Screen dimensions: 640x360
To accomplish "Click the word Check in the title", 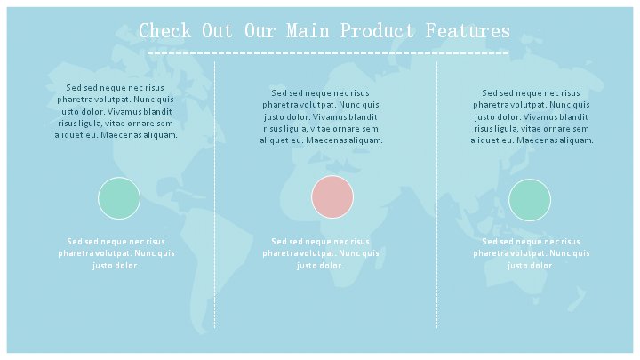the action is (x=165, y=30).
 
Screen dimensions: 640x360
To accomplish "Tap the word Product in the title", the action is (x=377, y=30).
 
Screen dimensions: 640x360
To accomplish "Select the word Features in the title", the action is (x=468, y=30).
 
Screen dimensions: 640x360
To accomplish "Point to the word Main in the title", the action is (x=308, y=30).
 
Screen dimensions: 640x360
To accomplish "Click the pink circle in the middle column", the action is (x=332, y=196).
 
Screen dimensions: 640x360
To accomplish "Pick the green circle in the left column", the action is (x=119, y=198).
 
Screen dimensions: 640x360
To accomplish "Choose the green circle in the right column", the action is (x=530, y=200).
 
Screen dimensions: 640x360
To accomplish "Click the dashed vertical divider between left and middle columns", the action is (x=215, y=195).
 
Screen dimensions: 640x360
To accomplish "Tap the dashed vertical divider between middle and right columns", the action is (x=436, y=195).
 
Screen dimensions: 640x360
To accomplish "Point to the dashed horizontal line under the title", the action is (x=328, y=53).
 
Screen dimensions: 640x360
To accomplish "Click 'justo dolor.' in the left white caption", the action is (x=116, y=266).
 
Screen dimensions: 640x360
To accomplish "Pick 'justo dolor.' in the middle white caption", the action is (x=320, y=266).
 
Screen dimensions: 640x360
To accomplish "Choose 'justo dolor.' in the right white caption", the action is (x=531, y=266).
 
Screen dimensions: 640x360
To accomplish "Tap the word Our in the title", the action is (x=260, y=30).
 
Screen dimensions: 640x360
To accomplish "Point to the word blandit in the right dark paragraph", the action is (x=573, y=117).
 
